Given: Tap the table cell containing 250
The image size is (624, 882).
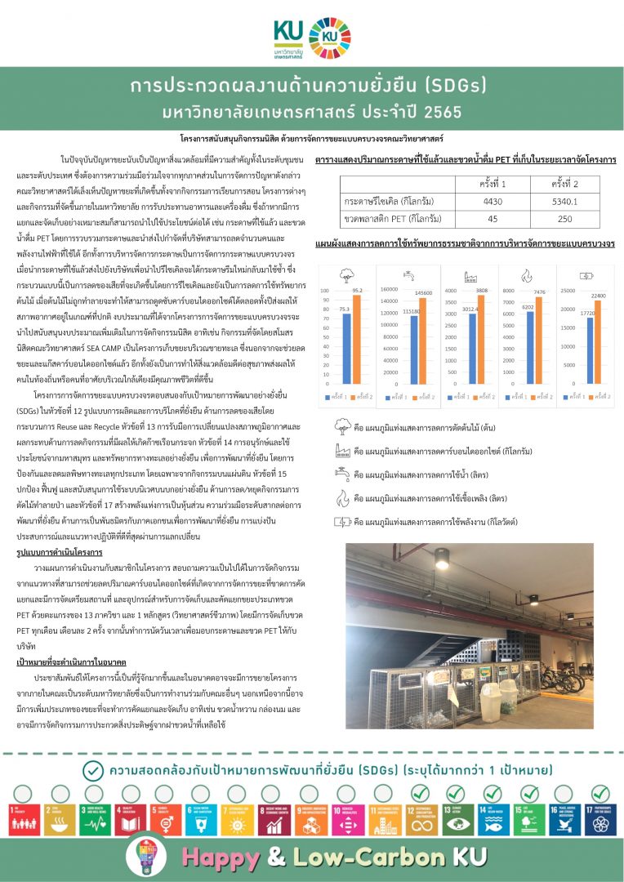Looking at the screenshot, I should [564, 219].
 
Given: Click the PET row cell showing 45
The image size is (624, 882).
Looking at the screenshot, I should [493, 219].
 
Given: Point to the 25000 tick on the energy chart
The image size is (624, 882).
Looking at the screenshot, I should [569, 265].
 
